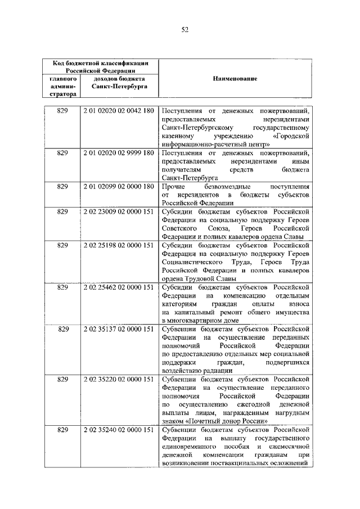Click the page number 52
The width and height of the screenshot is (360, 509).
pyautogui.click(x=184, y=30)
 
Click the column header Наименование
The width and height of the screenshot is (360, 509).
pyautogui.click(x=235, y=79)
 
